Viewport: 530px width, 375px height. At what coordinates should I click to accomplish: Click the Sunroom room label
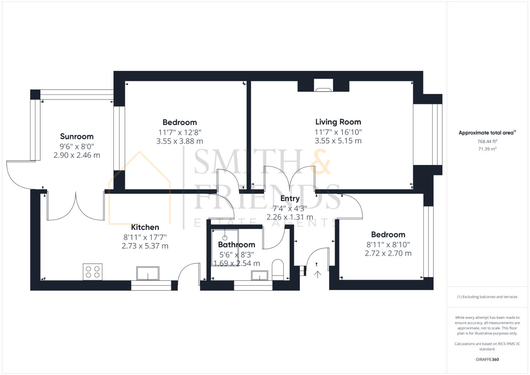(x=77, y=136)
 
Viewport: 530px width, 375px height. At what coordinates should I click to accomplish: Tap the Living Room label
(x=338, y=122)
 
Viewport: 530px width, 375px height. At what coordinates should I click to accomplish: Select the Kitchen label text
(x=145, y=227)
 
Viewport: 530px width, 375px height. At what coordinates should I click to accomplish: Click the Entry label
(x=290, y=199)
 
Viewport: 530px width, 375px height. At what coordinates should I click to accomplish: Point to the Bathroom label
(x=237, y=244)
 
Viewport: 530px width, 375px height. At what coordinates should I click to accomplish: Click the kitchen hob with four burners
(x=93, y=272)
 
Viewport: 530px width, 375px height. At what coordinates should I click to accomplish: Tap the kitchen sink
(x=148, y=273)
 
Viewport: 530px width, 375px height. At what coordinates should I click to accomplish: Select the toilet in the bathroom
(x=278, y=270)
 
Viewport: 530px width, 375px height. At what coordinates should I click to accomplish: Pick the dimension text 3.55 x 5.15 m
(x=338, y=141)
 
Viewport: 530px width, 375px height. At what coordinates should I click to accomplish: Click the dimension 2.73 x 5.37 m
(x=145, y=246)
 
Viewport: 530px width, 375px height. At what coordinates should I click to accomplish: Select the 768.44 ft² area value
(x=487, y=141)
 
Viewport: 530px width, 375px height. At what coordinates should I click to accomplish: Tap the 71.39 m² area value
(x=487, y=149)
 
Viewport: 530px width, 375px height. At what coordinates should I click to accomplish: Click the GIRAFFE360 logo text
(x=487, y=359)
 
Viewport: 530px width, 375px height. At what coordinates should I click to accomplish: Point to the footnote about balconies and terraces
(x=487, y=297)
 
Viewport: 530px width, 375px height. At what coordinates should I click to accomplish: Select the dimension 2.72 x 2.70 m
(x=388, y=253)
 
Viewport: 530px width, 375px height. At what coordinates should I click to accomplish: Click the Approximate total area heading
(x=487, y=133)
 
